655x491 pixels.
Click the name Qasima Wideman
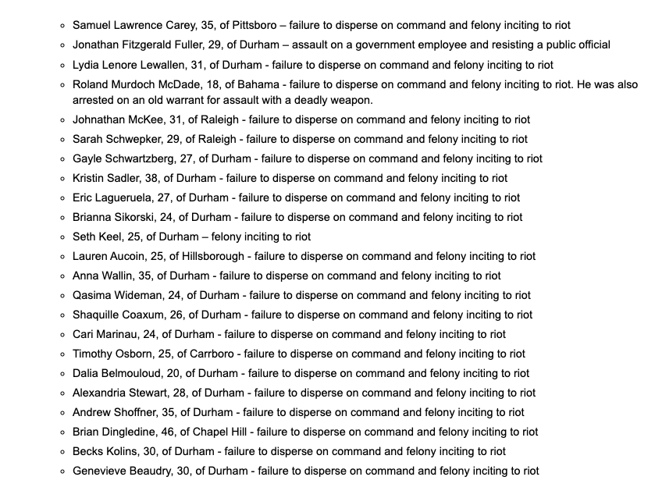tap(118, 295)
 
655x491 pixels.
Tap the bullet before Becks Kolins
tap(62, 452)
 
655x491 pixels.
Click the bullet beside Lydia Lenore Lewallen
tap(62, 66)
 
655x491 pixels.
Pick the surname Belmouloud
tap(132, 373)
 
